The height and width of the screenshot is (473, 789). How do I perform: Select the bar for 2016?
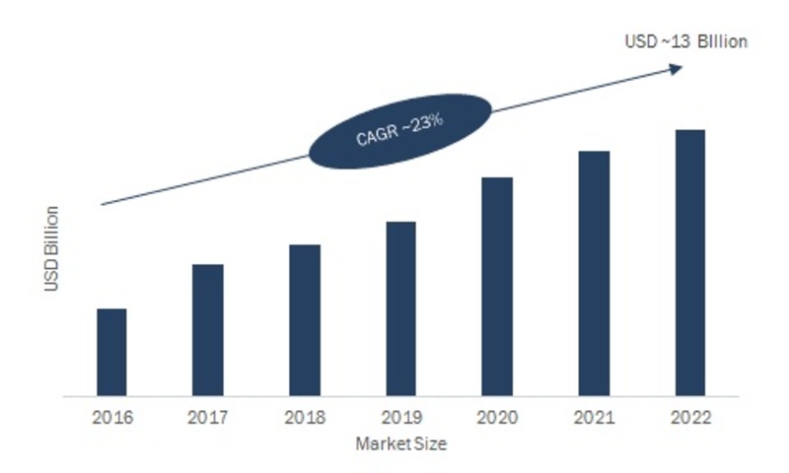[111, 353]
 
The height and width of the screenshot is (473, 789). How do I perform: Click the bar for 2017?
[208, 330]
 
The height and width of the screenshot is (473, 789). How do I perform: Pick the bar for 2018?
[305, 320]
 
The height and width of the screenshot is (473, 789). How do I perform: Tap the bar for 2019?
[400, 309]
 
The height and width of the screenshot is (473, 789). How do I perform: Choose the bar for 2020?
[497, 287]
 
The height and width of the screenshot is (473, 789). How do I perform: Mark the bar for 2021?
[594, 274]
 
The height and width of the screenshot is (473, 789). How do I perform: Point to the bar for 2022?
[690, 263]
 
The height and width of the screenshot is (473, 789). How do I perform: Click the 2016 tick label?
[111, 416]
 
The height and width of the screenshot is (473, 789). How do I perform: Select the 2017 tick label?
[208, 416]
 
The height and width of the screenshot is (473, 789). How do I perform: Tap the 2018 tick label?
[305, 416]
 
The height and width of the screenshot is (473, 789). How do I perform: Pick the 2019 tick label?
[400, 416]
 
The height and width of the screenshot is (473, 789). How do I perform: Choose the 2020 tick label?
[497, 416]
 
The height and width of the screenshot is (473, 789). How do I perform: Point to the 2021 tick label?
[594, 416]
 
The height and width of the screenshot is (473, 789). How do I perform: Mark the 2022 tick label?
[690, 416]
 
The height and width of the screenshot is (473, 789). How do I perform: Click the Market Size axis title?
[401, 444]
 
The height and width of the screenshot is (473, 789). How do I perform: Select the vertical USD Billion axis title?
[52, 248]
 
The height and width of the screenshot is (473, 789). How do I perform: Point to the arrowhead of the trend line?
[677, 68]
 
